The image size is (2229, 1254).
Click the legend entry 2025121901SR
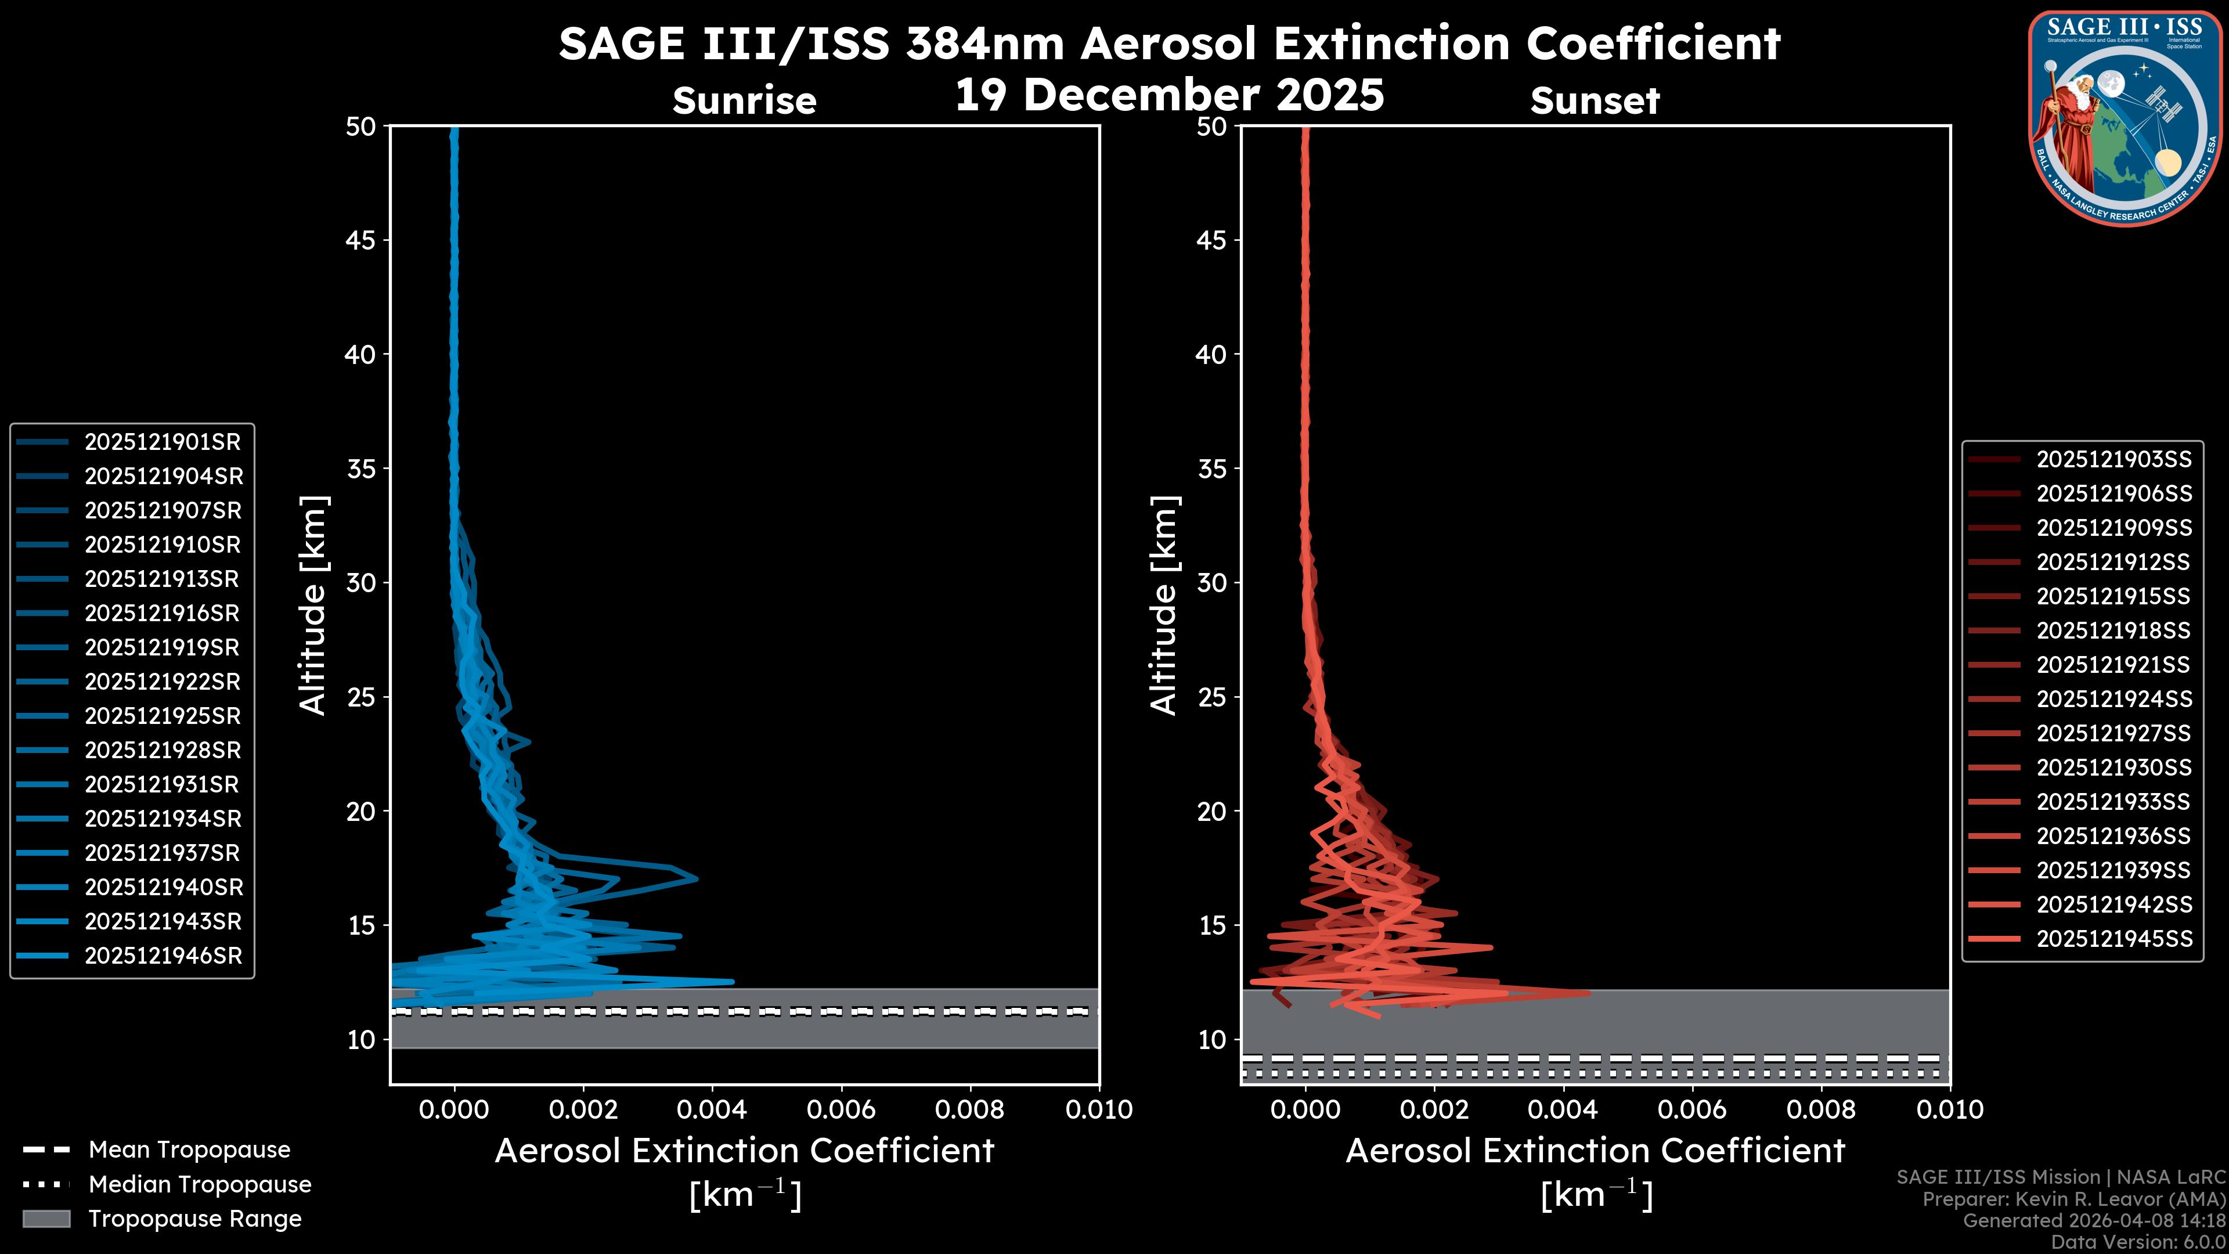[162, 442]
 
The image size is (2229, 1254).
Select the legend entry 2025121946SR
[163, 956]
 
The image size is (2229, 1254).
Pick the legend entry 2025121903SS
[2113, 460]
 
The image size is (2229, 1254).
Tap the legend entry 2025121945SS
[2113, 939]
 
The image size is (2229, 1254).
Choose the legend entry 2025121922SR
[162, 682]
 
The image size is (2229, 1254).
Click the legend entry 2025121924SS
[2113, 699]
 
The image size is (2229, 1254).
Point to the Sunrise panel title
[744, 101]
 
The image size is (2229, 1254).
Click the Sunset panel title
[1595, 101]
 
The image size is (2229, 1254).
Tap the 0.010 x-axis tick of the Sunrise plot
[1099, 1109]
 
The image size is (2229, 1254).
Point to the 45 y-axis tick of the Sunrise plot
[361, 240]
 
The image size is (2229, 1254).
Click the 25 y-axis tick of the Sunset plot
[1212, 697]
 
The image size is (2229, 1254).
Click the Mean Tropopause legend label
[189, 1150]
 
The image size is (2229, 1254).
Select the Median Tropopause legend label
[200, 1185]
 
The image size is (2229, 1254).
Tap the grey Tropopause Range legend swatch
[46, 1219]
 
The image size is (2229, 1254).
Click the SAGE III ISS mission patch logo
[2125, 118]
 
